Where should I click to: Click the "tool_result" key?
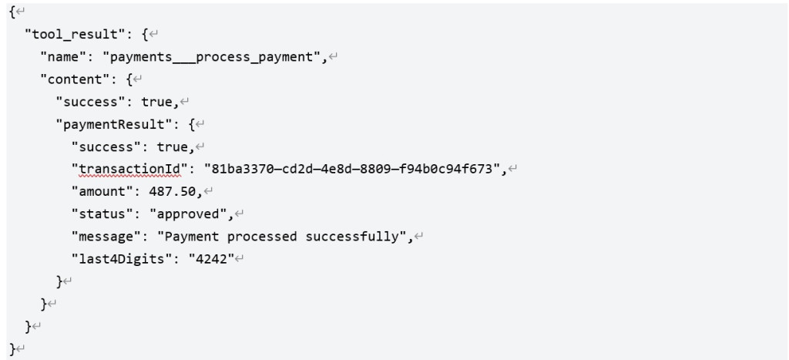point(78,35)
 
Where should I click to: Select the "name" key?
point(63,57)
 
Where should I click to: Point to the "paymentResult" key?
point(117,124)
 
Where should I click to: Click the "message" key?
point(107,237)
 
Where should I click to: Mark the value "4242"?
point(211,259)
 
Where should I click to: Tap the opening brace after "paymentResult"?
point(191,124)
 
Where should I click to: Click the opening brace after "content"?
point(129,79)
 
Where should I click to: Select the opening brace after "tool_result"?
point(144,35)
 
